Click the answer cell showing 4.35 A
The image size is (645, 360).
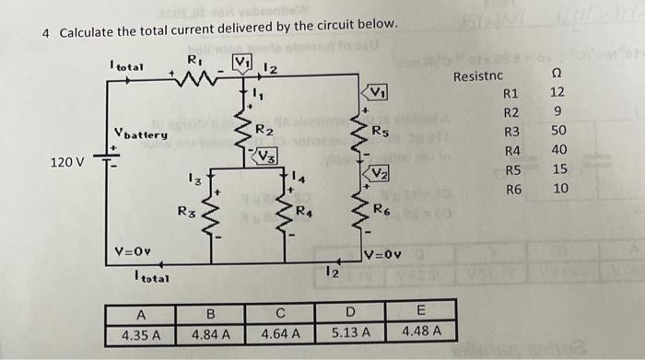click(142, 332)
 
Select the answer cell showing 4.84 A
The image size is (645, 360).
click(213, 332)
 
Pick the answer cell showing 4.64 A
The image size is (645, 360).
click(283, 332)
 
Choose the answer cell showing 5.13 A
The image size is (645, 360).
click(350, 332)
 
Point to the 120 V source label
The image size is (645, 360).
click(67, 163)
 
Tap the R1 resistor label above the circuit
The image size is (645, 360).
click(194, 61)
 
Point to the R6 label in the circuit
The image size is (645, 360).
click(381, 210)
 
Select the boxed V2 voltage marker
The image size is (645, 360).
click(380, 173)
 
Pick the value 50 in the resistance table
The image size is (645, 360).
click(557, 132)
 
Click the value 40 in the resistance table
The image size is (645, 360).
click(557, 151)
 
